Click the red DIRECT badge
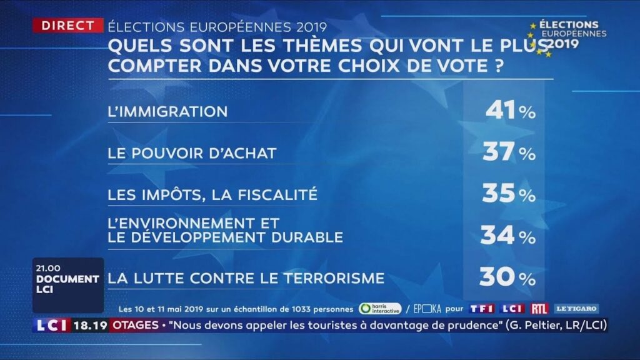point(68,26)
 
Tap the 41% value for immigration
point(510,111)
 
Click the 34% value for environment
point(508,236)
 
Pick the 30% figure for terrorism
point(507,277)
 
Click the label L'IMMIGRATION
point(167,111)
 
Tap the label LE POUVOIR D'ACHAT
point(192,153)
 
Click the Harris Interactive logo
point(380,309)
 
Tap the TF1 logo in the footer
point(482,309)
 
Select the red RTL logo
point(539,309)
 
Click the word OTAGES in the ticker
point(134,325)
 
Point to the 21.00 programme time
point(48,268)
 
